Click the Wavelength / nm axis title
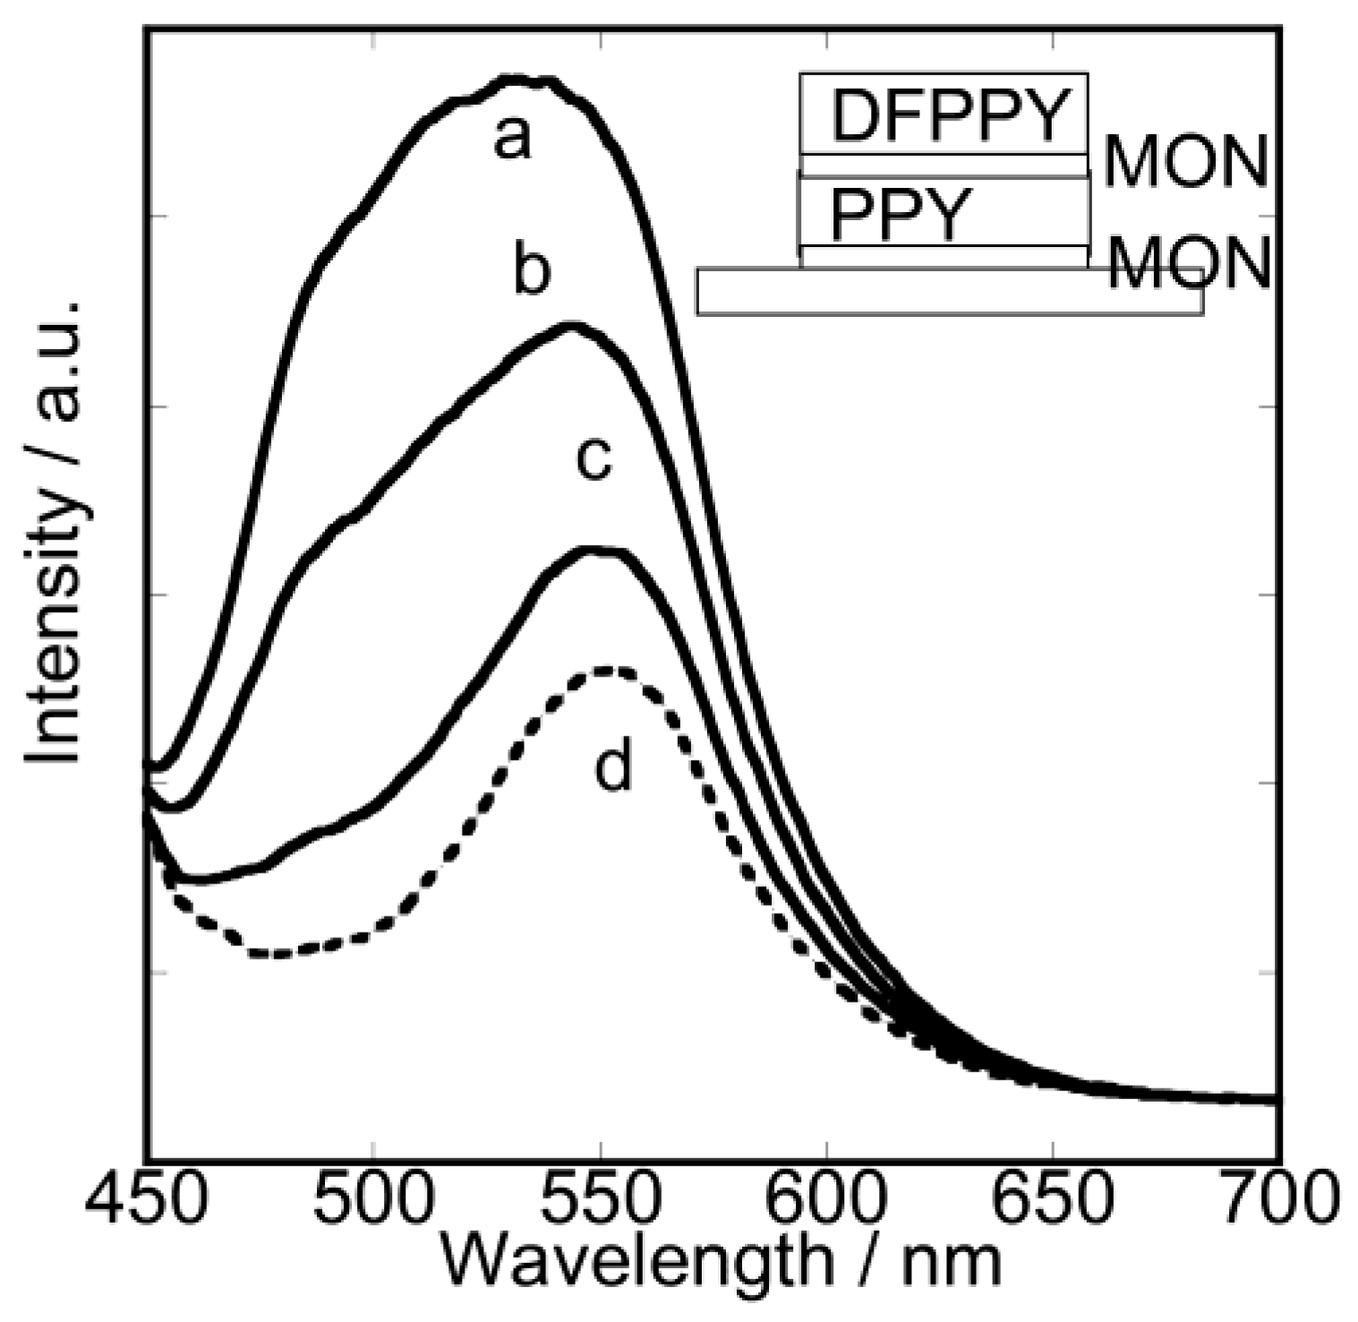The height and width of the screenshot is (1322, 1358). pos(721,1263)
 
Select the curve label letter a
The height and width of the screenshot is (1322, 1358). pos(512,140)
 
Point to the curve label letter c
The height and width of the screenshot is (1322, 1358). pos(594,458)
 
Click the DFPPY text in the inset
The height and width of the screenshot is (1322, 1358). pos(951,116)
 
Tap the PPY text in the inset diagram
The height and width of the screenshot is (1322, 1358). pos(901,216)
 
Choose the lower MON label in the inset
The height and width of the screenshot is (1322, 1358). pos(1189,263)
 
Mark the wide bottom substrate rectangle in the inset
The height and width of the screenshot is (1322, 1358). pos(949,292)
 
